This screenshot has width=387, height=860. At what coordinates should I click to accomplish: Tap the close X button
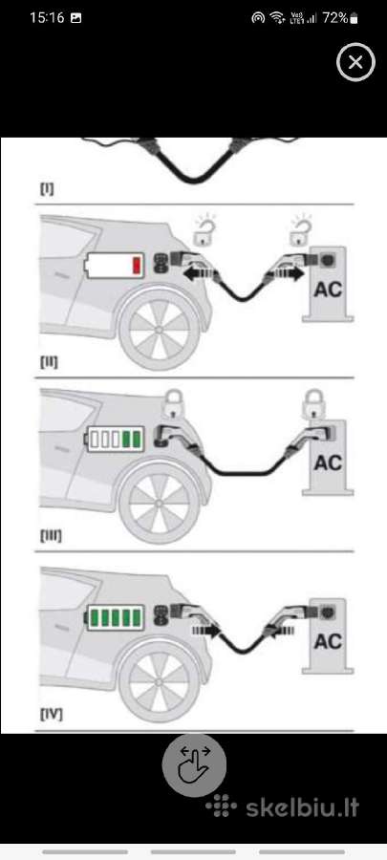tap(355, 62)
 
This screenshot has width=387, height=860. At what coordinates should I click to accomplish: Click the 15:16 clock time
tap(47, 17)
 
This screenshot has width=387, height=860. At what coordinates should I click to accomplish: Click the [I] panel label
tap(47, 189)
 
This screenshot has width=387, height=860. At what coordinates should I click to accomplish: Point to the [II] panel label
tap(49, 362)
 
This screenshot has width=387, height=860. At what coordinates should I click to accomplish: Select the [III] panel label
tap(51, 536)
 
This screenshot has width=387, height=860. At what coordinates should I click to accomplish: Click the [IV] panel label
tap(51, 715)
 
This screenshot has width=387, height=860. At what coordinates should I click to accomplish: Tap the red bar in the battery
tap(137, 266)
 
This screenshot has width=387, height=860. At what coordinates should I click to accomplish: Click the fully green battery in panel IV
tap(115, 617)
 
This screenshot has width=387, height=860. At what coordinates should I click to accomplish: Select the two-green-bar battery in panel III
tap(115, 440)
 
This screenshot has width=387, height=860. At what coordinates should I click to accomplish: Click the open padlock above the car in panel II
tap(204, 229)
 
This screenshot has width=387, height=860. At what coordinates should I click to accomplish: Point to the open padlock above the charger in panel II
tap(300, 229)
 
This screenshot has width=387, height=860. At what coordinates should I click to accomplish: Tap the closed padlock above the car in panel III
tap(173, 404)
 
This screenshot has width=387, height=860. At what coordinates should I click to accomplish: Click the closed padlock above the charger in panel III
tap(314, 404)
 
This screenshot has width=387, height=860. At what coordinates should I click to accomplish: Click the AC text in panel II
tap(328, 289)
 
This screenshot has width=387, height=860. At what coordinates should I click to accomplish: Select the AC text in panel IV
tap(328, 640)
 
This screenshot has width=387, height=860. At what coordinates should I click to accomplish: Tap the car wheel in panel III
tap(160, 503)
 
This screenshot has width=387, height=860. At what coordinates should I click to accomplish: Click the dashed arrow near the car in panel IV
tap(205, 631)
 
